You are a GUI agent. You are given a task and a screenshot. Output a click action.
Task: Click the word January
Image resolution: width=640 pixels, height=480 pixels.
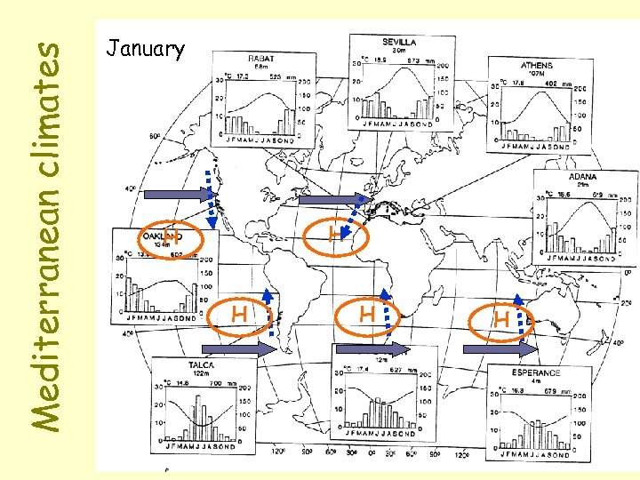(x=145, y=48)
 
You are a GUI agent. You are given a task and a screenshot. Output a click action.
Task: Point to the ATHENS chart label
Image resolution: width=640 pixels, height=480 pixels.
(x=536, y=66)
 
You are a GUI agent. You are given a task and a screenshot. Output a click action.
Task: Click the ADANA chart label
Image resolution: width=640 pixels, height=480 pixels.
(x=583, y=177)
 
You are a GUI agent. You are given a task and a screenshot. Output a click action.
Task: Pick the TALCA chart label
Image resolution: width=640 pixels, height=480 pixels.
(x=198, y=364)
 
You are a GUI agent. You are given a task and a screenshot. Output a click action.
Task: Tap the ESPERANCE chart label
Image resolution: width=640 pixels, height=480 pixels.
(x=536, y=372)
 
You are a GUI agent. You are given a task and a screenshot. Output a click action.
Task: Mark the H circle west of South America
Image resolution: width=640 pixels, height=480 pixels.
(x=238, y=313)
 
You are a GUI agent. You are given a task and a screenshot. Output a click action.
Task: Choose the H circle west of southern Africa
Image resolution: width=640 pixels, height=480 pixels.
(x=366, y=313)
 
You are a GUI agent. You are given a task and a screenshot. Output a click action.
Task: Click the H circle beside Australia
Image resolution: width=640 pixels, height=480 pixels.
(x=502, y=317)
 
